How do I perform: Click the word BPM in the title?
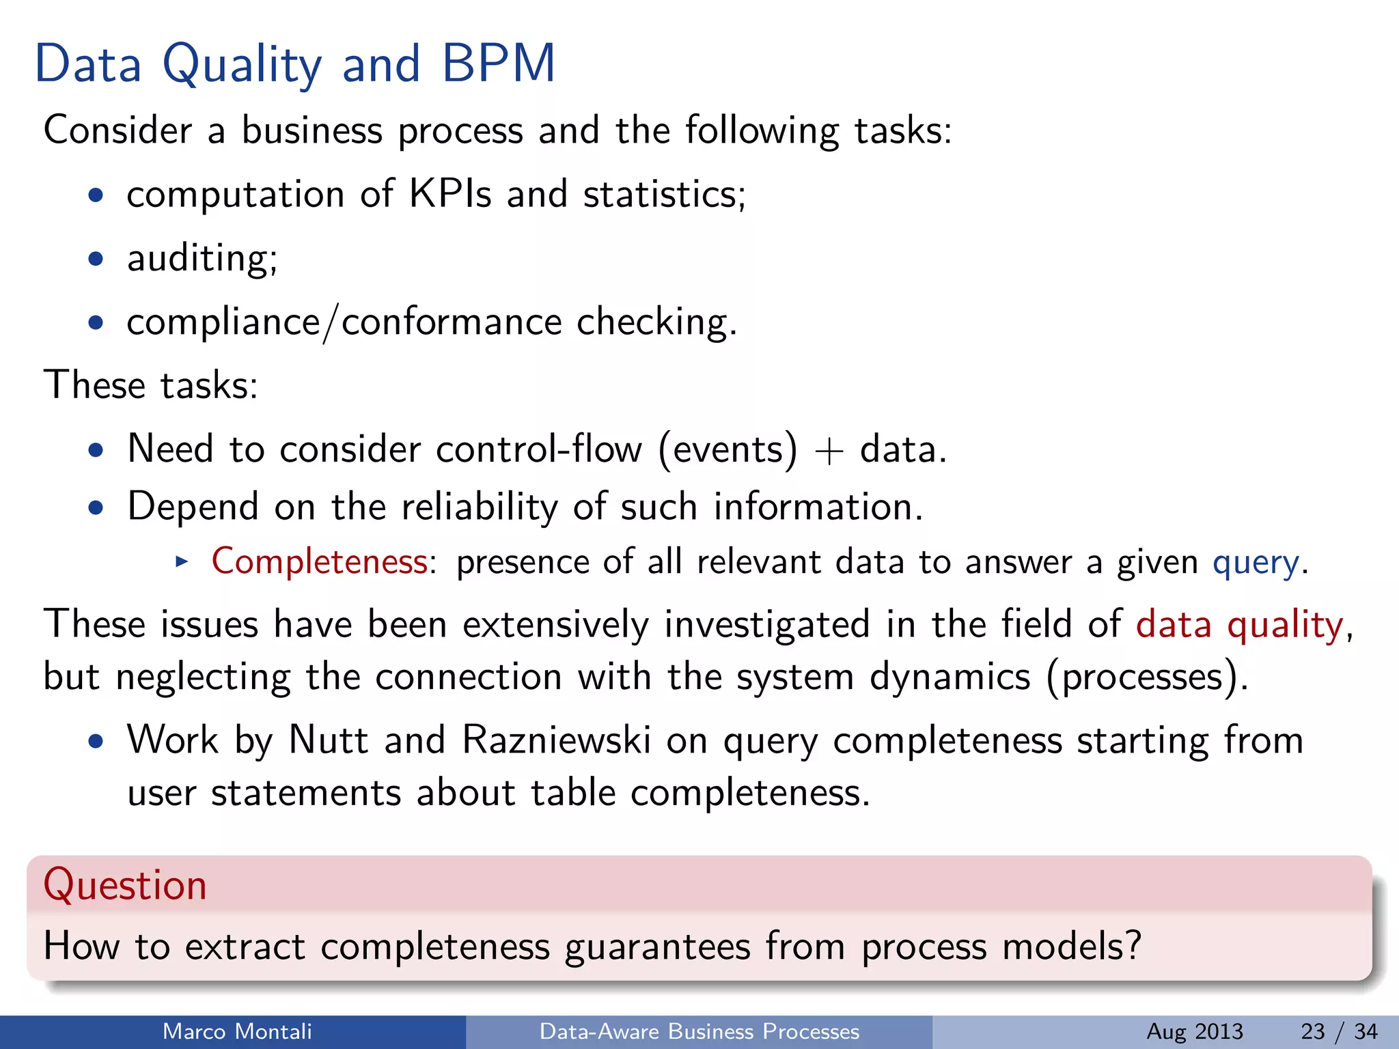499,64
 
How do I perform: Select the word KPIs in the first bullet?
449,194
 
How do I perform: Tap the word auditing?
202,259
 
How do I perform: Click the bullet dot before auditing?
96,260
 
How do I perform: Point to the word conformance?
452,322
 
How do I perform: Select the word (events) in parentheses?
728,450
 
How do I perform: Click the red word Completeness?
320,562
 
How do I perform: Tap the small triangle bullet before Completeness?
181,562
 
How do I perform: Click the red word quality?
1285,625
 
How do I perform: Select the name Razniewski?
556,740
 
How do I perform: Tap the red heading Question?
125,885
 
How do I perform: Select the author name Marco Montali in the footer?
237,1031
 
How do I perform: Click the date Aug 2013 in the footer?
1195,1031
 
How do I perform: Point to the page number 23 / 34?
1339,1031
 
